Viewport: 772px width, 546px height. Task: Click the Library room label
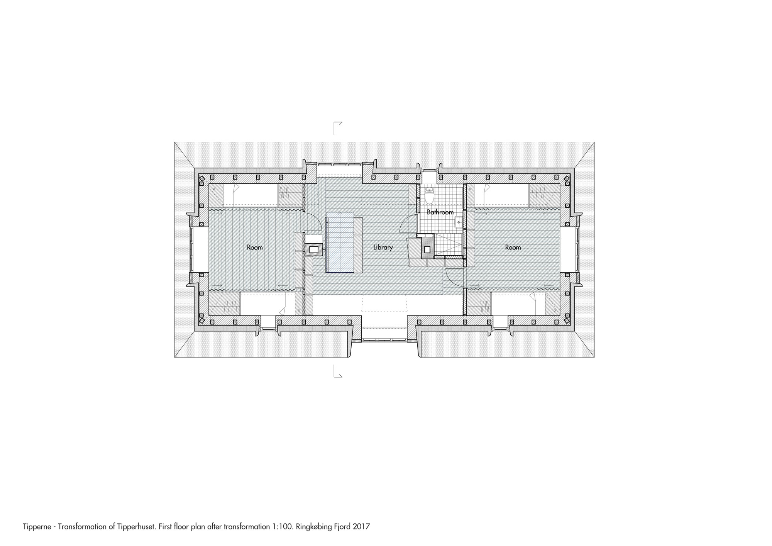coord(383,248)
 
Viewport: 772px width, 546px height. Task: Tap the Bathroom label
coord(440,212)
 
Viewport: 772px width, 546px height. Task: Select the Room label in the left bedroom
coord(255,248)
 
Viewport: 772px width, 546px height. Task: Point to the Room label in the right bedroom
coord(513,248)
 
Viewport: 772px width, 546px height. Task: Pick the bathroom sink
coord(459,222)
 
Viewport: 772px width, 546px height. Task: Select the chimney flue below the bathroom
coord(427,249)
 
